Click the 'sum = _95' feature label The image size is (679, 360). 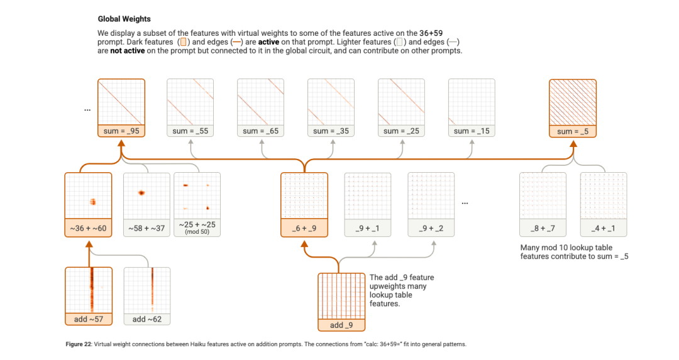(121, 131)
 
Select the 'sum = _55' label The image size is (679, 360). (190, 131)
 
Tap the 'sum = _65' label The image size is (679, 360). (261, 131)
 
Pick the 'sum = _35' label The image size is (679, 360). (331, 131)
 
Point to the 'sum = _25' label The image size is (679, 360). (402, 131)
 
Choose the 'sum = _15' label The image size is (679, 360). (472, 131)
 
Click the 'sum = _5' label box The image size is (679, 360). (573, 131)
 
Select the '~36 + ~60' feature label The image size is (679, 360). (89, 228)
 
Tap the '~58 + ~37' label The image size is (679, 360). (146, 228)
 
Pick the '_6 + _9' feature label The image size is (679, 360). (304, 228)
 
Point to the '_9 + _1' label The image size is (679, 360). (368, 228)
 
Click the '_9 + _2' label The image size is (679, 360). (431, 228)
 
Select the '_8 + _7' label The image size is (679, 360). (543, 228)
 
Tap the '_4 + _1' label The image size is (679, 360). (604, 228)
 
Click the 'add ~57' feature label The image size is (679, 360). (89, 319)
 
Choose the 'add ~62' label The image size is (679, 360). (147, 319)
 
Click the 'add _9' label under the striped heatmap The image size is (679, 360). (341, 325)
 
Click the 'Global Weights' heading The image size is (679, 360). (124, 19)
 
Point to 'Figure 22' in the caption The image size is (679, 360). (78, 344)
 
